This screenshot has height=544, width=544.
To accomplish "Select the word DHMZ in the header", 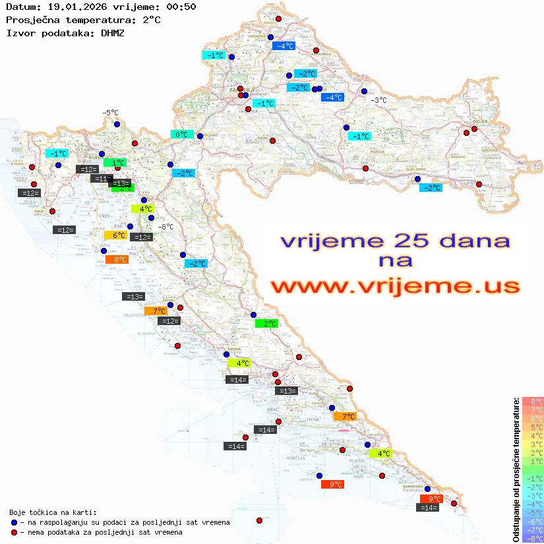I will (113, 32).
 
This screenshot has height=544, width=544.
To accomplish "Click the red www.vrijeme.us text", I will (395, 286).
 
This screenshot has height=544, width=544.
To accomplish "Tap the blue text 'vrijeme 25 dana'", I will (395, 240).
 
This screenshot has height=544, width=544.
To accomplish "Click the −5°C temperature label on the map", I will (109, 113).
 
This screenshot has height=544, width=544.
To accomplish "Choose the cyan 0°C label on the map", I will (181, 135).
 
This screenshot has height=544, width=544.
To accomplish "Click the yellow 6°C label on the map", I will (119, 235).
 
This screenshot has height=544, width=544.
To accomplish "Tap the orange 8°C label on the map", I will (119, 260).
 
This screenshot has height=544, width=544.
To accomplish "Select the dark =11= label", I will (102, 179).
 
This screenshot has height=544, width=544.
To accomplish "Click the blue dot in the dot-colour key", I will (14, 522).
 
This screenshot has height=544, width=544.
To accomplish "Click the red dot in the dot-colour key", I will (14, 532).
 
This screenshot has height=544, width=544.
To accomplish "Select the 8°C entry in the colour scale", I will (533, 401).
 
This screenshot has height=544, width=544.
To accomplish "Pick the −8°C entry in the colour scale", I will (533, 539).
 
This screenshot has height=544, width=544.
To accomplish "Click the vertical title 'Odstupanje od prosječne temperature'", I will (516, 469).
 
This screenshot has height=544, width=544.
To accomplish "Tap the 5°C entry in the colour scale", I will (533, 427).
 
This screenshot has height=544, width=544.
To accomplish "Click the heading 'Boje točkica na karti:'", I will (53, 512).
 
